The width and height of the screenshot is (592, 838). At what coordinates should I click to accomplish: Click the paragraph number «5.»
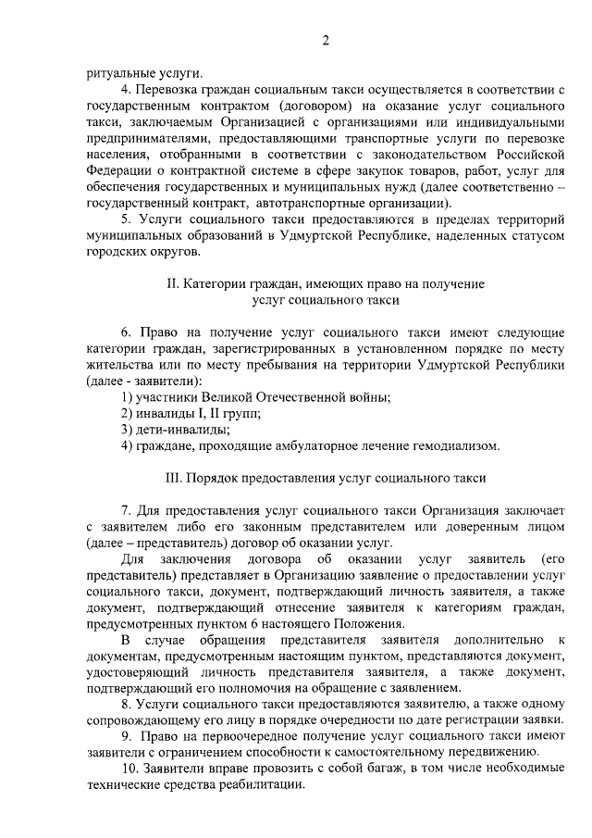[128, 219]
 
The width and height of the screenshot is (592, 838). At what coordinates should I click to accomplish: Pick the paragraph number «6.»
[128, 331]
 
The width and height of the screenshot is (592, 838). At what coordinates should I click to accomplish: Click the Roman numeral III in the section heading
[174, 478]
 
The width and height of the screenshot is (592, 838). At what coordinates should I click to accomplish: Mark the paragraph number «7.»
[128, 510]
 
